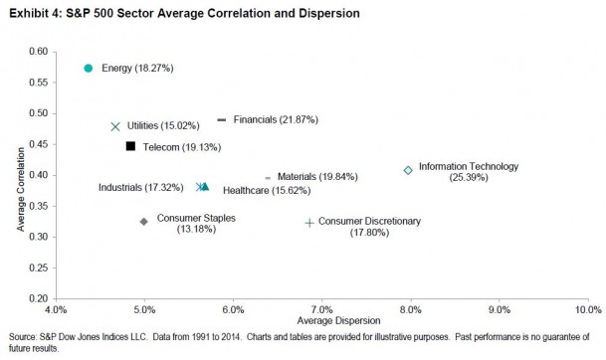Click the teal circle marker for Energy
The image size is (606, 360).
coord(89,68)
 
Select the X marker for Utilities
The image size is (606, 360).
coord(115,126)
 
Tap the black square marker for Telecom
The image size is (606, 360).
coord(130,146)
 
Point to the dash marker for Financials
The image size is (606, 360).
coord(222,119)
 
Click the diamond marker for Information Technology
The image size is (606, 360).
coord(408,170)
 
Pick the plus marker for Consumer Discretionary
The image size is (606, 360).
coord(309,223)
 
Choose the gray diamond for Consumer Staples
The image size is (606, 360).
coord(143,222)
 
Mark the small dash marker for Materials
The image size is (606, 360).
coord(268,178)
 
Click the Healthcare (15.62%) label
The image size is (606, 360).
coord(267,190)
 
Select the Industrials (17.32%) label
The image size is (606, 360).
coord(140,187)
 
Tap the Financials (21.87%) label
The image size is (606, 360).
coord(276,119)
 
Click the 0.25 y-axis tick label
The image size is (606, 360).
coord(38,268)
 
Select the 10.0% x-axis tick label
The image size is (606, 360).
coord(588,310)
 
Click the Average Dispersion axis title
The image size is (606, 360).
coord(338,320)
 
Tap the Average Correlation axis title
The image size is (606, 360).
coord(21,189)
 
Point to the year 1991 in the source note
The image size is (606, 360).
coord(201,337)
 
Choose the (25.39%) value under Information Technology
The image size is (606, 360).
coord(469,177)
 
